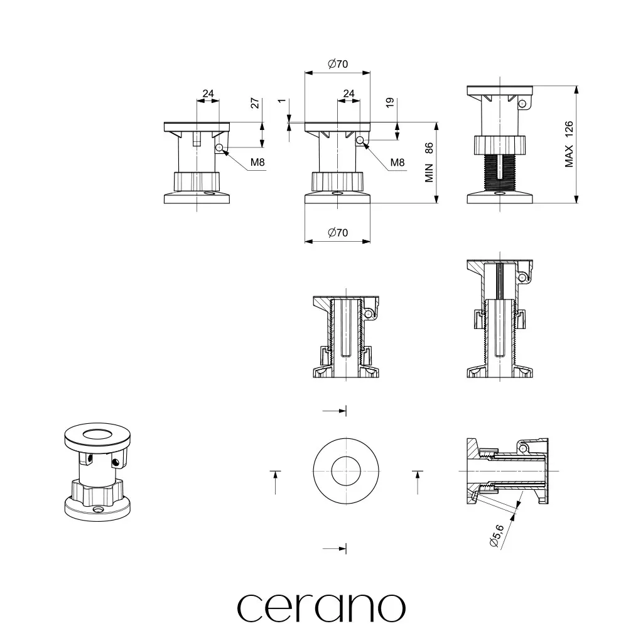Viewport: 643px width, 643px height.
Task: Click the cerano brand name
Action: coord(321,608)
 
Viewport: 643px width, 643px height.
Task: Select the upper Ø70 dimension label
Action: coord(338,64)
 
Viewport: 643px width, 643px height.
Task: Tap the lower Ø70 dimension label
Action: coord(338,232)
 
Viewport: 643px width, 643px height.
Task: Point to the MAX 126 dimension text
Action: coord(569,144)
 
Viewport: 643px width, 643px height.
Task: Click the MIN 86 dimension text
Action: coord(429,162)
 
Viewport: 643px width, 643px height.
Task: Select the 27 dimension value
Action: coord(255,103)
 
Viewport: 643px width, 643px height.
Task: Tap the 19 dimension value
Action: coord(390,102)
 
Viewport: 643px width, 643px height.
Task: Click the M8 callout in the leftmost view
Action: coord(257,163)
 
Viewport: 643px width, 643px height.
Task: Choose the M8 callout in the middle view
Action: coord(397,163)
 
